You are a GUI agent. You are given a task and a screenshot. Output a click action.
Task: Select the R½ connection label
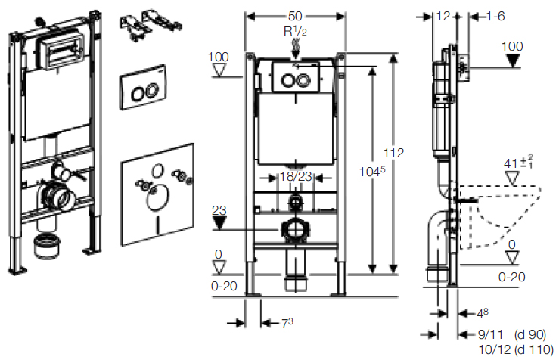pos(294,32)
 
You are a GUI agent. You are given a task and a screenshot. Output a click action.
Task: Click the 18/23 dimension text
pos(294,177)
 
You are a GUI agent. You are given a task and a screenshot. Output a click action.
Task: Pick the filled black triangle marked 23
pos(220,222)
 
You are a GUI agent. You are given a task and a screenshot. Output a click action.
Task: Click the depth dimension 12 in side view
pos(443,16)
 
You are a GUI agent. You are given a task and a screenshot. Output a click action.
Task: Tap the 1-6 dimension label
pos(496,16)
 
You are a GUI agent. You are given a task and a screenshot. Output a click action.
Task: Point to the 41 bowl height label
pos(517,163)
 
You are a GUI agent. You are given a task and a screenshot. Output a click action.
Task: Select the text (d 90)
pos(529,333)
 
